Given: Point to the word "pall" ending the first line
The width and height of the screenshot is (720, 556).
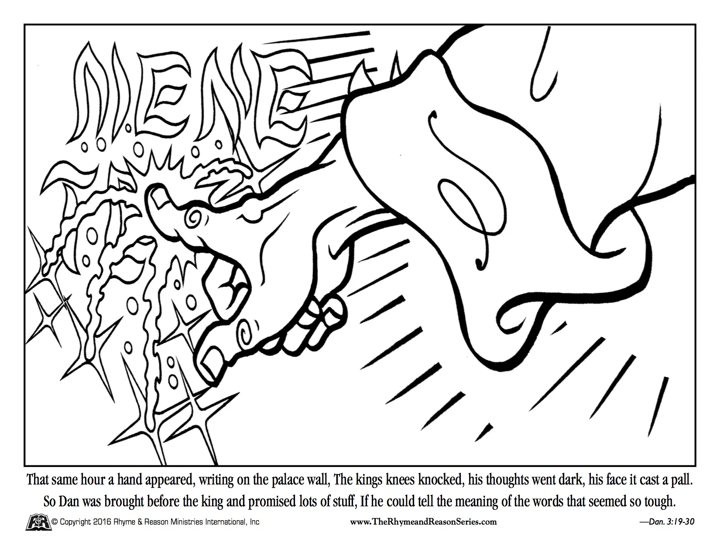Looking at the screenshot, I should pos(682,481).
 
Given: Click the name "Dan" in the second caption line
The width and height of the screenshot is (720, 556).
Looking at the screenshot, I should pos(68,501).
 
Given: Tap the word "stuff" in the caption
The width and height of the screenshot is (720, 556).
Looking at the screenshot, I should pos(344,501).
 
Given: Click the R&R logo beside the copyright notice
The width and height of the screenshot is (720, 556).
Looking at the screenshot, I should pos(37,522).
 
